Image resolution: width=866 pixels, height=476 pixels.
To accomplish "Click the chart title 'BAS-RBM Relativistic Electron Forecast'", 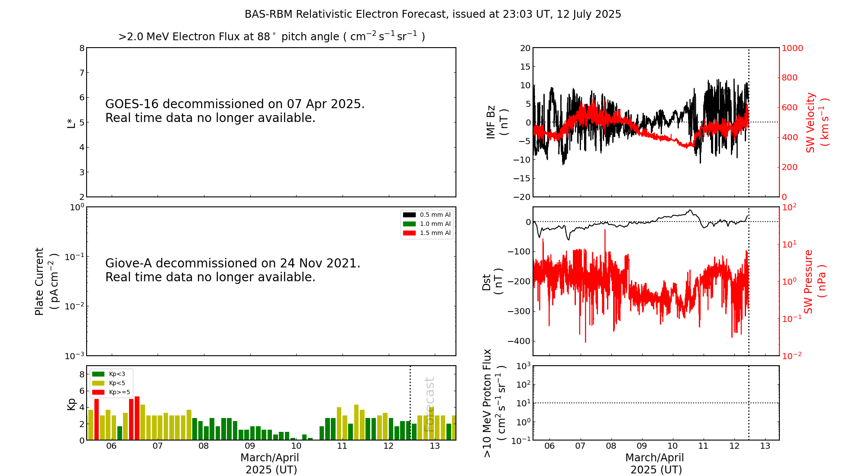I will click(433, 14).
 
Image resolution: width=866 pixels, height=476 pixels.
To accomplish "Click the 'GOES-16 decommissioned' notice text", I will click(235, 111).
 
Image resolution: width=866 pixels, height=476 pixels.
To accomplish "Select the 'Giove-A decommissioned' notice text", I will click(233, 270).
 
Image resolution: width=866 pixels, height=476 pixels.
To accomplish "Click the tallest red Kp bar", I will click(137, 418).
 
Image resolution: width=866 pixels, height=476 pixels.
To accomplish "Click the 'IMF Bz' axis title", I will click(497, 122).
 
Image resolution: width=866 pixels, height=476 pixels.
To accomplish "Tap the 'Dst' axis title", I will click(492, 281).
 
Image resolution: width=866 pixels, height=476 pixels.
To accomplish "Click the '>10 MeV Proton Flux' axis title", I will click(494, 403).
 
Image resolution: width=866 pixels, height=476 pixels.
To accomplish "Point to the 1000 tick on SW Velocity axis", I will click(792, 48).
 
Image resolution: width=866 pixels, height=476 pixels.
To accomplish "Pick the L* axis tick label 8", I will click(82, 48).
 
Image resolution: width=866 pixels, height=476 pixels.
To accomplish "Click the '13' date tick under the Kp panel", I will click(435, 446).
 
